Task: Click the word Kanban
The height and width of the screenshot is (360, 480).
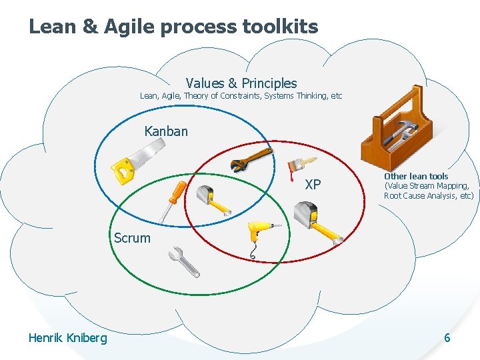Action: (x=166, y=131)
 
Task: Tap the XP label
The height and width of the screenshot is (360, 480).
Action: (x=313, y=185)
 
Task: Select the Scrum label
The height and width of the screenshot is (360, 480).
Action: (x=132, y=238)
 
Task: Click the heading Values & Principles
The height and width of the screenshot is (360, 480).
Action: (x=241, y=83)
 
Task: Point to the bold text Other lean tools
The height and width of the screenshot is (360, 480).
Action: (x=416, y=176)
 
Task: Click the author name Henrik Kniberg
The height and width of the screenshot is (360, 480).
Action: (x=67, y=338)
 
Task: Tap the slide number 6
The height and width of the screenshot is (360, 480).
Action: (x=447, y=338)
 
